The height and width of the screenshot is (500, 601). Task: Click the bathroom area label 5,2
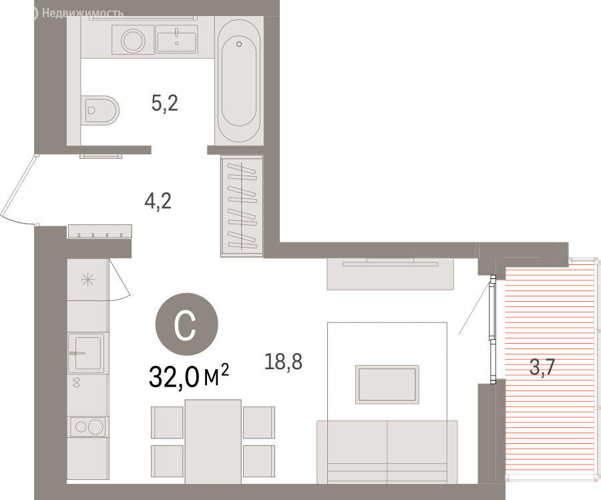click(x=165, y=103)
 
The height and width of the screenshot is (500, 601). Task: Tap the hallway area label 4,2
click(x=158, y=201)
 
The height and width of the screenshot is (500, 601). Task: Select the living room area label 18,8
click(x=283, y=361)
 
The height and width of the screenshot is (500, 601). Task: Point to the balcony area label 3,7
click(x=542, y=367)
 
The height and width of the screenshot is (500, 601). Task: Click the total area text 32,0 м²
click(x=188, y=377)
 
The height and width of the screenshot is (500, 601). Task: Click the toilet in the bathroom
click(x=100, y=110)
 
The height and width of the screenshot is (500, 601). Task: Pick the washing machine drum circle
click(x=133, y=40)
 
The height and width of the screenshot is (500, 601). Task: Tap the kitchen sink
click(x=86, y=352)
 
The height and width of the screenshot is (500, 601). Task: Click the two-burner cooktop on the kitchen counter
click(x=87, y=427)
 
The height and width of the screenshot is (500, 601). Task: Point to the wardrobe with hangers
click(x=242, y=206)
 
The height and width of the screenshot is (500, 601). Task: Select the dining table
click(x=213, y=441)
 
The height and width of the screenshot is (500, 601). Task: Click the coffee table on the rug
click(x=387, y=385)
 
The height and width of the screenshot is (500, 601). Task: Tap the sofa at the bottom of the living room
click(x=387, y=452)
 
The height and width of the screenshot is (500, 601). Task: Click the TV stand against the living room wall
click(x=390, y=274)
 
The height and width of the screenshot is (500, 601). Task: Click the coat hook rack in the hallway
click(x=99, y=232)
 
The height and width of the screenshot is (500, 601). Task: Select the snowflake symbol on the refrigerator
click(x=87, y=280)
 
